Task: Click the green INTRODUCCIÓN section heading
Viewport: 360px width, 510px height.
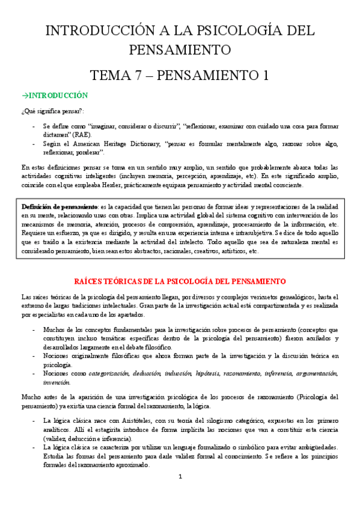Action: pos(58,96)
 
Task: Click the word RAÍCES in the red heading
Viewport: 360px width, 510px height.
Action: pos(90,281)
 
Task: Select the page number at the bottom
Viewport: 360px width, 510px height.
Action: pos(180,494)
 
